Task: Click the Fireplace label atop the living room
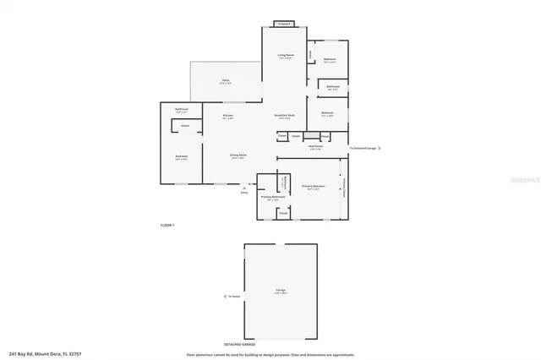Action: pos(286,24)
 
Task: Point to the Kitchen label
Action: pos(227,117)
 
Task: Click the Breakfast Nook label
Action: pos(284,117)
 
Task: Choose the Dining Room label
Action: pos(238,156)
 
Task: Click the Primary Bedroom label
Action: pos(313,187)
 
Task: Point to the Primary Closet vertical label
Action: pos(344,187)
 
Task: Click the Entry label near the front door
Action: pos(244,192)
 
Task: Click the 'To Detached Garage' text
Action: pos(362,148)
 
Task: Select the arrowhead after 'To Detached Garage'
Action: pos(380,148)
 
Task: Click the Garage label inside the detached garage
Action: pos(280,291)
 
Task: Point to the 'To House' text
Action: pos(233,297)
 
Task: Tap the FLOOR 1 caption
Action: pos(167,226)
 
